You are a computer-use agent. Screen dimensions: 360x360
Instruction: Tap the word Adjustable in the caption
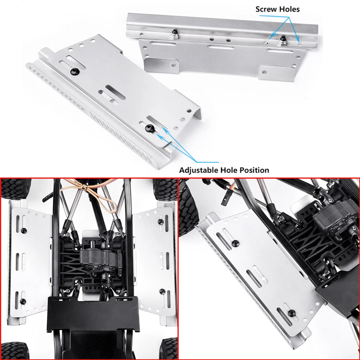point(199,170)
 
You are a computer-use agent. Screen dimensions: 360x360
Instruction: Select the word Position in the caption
point(255,170)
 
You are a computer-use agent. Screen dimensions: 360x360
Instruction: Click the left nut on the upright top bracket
point(175,35)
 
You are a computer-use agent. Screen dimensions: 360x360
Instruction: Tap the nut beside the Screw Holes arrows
point(283,41)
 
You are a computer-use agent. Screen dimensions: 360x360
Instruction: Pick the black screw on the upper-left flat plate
point(75,71)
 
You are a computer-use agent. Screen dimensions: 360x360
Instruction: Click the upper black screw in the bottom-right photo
point(235,243)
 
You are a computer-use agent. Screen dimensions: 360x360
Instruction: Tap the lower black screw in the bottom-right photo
point(292,313)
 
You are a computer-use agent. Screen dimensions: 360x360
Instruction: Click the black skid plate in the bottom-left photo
point(93,314)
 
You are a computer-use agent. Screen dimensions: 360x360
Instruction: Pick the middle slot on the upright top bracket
point(221,47)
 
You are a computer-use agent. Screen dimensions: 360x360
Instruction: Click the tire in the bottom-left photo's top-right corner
point(165,189)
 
